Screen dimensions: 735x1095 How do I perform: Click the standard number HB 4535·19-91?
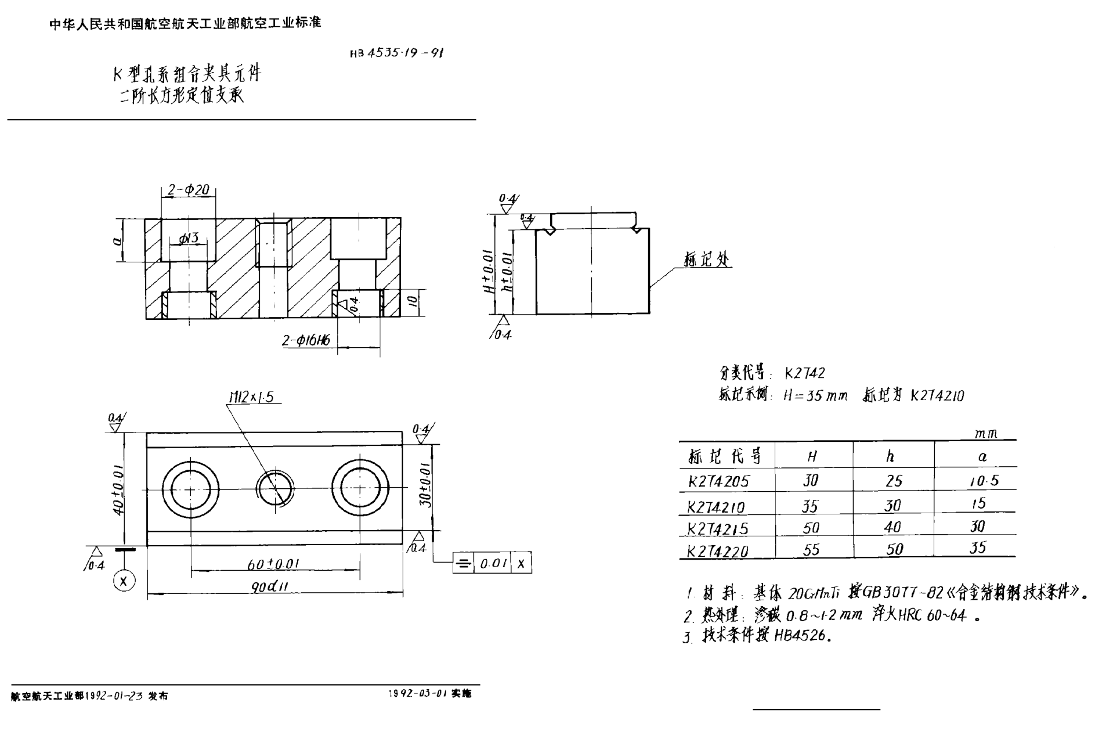[x=397, y=53]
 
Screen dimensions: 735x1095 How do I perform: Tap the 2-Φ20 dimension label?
[x=188, y=190]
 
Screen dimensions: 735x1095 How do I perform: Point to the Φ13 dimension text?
[x=189, y=237]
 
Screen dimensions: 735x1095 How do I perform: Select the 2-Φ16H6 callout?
[x=306, y=340]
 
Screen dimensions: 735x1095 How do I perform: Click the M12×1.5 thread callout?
[x=251, y=397]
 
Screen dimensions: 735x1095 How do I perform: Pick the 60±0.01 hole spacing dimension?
[x=273, y=564]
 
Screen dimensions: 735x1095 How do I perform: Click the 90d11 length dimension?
[x=270, y=587]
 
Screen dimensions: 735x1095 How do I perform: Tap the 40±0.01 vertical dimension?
[x=118, y=489]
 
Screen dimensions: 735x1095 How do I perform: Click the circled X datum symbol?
[x=124, y=581]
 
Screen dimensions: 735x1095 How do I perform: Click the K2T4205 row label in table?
[x=718, y=481]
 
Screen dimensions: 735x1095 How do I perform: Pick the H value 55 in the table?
[x=811, y=550]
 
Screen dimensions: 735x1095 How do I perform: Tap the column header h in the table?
[x=890, y=456]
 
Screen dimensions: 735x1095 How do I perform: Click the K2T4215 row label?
[x=718, y=528]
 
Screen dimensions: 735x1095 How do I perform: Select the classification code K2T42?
[x=804, y=373]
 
